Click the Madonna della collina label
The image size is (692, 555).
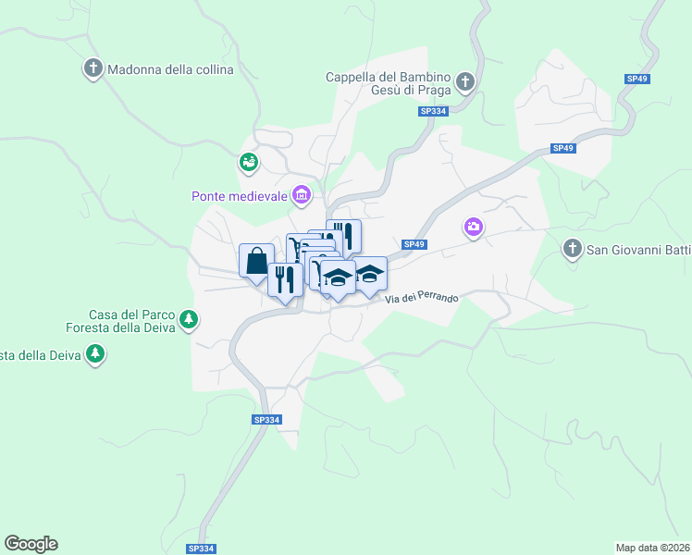pyautogui.click(x=170, y=69)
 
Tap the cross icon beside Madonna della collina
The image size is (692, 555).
pyautogui.click(x=93, y=69)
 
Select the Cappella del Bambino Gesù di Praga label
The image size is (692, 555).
pyautogui.click(x=388, y=83)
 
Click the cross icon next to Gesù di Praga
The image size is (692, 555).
pyautogui.click(x=465, y=83)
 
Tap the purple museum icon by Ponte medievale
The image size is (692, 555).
pyautogui.click(x=301, y=194)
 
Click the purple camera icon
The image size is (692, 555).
pyautogui.click(x=474, y=227)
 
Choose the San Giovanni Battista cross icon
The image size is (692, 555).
pyautogui.click(x=573, y=248)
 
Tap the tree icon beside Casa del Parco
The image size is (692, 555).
pyautogui.click(x=189, y=320)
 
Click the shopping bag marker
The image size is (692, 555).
pyautogui.click(x=256, y=260)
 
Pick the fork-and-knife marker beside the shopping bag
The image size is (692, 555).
pyautogui.click(x=285, y=278)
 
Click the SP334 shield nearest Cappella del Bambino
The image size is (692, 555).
pyautogui.click(x=432, y=111)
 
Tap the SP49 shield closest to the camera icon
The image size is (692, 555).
pyautogui.click(x=414, y=244)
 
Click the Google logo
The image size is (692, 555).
pyautogui.click(x=31, y=543)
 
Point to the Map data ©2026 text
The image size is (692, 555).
pyautogui.click(x=652, y=547)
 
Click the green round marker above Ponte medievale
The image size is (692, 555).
pyautogui.click(x=248, y=163)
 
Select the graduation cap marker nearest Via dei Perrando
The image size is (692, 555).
pyautogui.click(x=369, y=275)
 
